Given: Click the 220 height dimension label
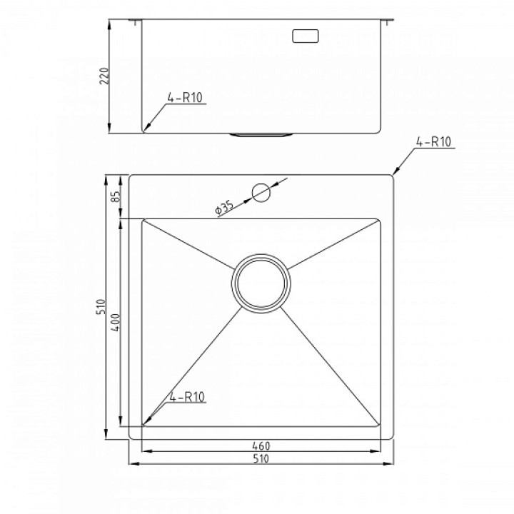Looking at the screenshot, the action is click(104, 76).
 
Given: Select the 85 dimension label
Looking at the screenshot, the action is click(116, 196).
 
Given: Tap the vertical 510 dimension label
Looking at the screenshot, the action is click(101, 307).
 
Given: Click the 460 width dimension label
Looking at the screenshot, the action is click(261, 445).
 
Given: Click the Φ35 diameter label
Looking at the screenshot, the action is click(224, 208).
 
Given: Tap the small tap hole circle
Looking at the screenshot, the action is click(261, 193).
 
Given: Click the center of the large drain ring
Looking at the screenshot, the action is click(261, 283).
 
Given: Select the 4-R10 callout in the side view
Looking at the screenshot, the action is click(185, 97).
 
